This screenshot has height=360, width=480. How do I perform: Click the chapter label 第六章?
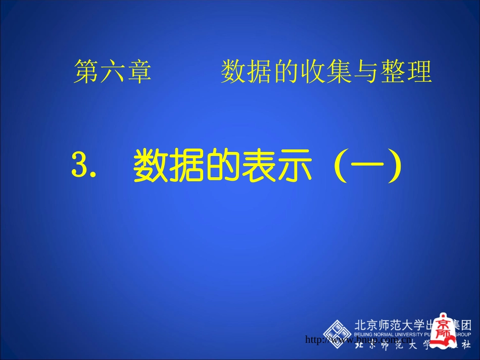click(113, 72)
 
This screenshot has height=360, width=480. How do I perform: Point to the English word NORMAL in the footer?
click(387, 334)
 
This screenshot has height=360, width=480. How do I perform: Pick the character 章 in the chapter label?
click(138, 72)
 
